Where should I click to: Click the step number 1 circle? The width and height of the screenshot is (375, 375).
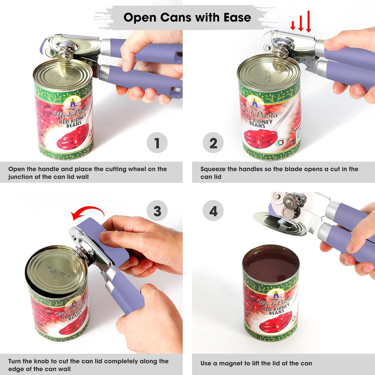pos(157,143)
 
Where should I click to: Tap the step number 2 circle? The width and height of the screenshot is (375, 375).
pos(213,143)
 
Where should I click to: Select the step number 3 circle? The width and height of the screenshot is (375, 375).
pos(157,211)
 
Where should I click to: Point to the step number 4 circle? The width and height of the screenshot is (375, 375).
pos(213,211)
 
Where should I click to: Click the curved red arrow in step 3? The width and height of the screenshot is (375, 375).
pos(88,212)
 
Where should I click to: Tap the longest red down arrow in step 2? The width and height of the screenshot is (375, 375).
pos(308,21)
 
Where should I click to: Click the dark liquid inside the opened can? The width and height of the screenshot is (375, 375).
pos(271,264)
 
